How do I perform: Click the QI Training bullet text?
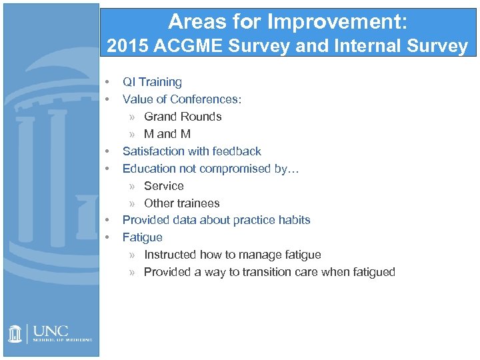(x=152, y=82)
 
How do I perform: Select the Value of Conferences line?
(x=182, y=99)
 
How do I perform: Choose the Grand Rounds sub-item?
(x=183, y=117)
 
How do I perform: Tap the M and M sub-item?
(x=167, y=134)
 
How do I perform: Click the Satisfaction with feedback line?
(x=192, y=151)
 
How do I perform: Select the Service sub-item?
(x=163, y=186)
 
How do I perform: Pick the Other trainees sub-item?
(x=181, y=203)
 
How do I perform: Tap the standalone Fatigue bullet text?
(x=142, y=237)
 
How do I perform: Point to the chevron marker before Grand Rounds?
(x=132, y=117)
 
